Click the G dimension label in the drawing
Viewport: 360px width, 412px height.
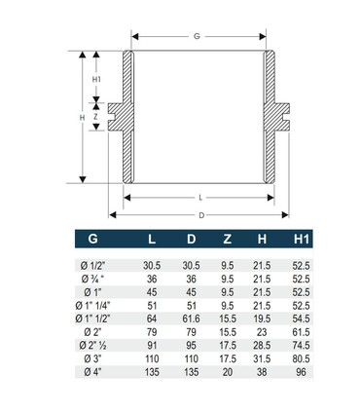198,36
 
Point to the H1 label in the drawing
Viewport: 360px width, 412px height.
96,79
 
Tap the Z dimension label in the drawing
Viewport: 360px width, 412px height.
96,115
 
